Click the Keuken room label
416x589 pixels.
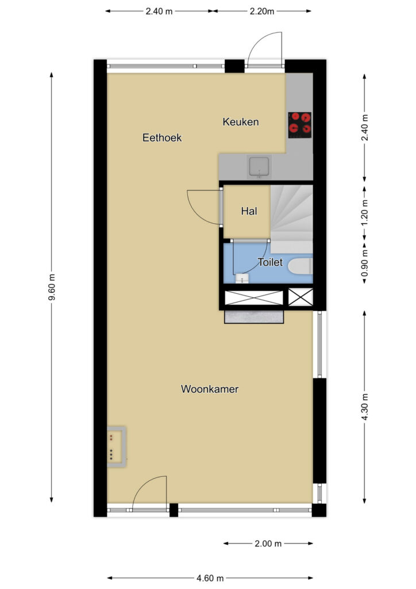coord(240,122)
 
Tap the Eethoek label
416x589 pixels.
coord(162,137)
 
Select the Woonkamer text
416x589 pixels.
coord(210,389)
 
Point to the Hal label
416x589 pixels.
coord(249,211)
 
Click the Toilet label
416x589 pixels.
coord(270,262)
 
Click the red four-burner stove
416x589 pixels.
coord(300,125)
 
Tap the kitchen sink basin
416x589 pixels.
coord(259,167)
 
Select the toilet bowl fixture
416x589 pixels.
coord(300,266)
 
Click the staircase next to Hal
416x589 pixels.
coord(291,219)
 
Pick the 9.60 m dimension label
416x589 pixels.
coord(52,287)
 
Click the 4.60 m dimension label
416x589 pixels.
coord(210,577)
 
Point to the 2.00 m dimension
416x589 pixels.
coord(268,543)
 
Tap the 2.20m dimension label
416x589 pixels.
coord(262,12)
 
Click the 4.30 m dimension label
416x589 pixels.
coord(364,407)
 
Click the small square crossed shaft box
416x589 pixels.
coord(301,297)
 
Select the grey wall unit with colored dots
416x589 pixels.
coord(116,447)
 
